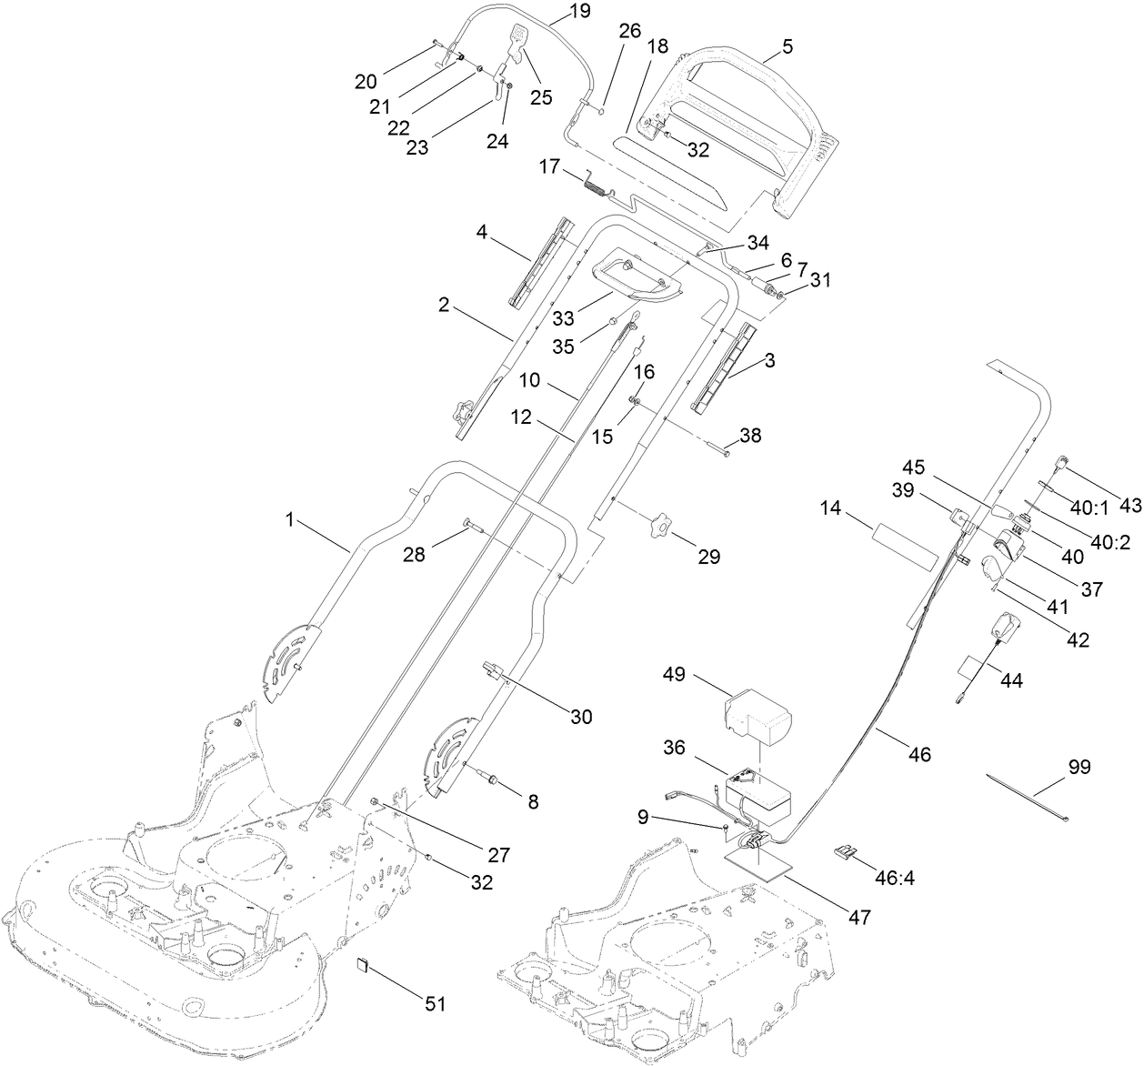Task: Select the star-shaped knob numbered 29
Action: click(660, 525)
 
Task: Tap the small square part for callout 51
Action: click(361, 963)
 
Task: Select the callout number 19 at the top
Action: click(579, 12)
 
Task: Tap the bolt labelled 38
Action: click(717, 448)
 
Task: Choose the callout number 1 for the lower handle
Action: click(290, 519)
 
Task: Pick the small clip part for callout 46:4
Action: click(844, 852)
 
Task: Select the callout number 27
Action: click(497, 854)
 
